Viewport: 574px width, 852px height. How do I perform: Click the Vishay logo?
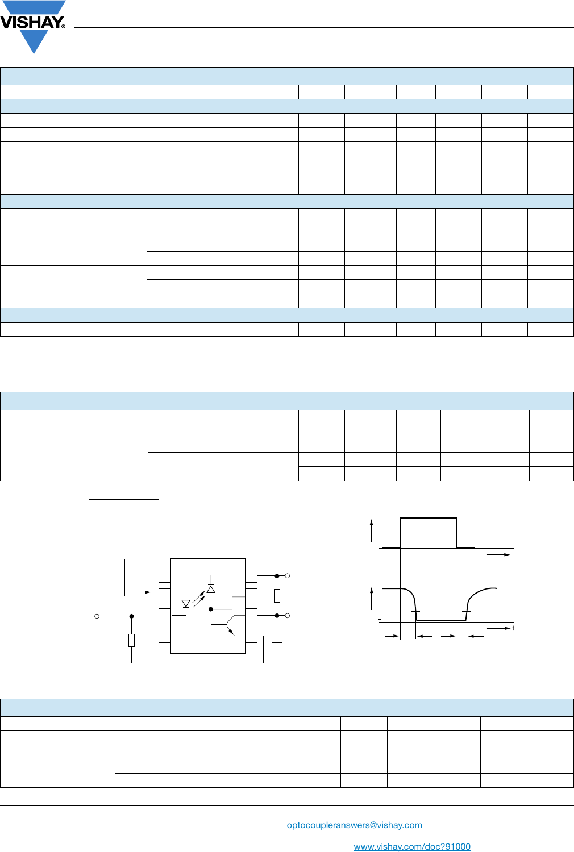[x=33, y=25]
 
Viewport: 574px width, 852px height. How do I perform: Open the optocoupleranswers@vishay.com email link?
[x=354, y=825]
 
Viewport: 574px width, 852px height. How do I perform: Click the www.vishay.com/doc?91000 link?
[x=412, y=846]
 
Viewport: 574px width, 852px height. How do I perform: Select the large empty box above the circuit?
[x=124, y=529]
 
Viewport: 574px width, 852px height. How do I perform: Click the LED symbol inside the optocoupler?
[x=186, y=604]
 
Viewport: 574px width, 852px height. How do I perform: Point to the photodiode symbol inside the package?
[x=211, y=589]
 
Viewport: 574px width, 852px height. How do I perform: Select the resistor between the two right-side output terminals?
[x=277, y=595]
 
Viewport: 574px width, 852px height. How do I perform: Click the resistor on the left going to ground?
[x=131, y=640]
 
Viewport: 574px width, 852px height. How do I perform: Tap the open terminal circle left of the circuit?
[x=97, y=616]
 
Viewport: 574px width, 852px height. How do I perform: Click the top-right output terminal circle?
[x=288, y=576]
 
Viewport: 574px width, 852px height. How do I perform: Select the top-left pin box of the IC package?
[x=165, y=575]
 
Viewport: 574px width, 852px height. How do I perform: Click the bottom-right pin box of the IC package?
[x=251, y=636]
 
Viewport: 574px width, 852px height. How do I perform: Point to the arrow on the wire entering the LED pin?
[x=140, y=592]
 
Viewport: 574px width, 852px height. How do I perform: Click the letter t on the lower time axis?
[x=513, y=628]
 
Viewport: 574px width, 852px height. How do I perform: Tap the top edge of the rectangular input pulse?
[x=429, y=518]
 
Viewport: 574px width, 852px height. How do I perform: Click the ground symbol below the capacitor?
[x=277, y=662]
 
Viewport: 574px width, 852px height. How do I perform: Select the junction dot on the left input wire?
[x=131, y=616]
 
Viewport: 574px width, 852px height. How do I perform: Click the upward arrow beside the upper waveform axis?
[x=372, y=529]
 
